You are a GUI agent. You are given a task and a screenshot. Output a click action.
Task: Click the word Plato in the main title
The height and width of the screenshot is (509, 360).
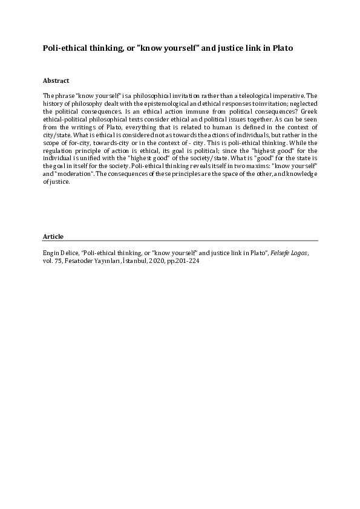(x=281, y=47)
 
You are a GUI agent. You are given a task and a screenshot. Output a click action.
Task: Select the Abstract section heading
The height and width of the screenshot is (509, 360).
(x=56, y=80)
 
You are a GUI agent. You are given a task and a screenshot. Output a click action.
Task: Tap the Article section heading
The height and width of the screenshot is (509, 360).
(x=53, y=236)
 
